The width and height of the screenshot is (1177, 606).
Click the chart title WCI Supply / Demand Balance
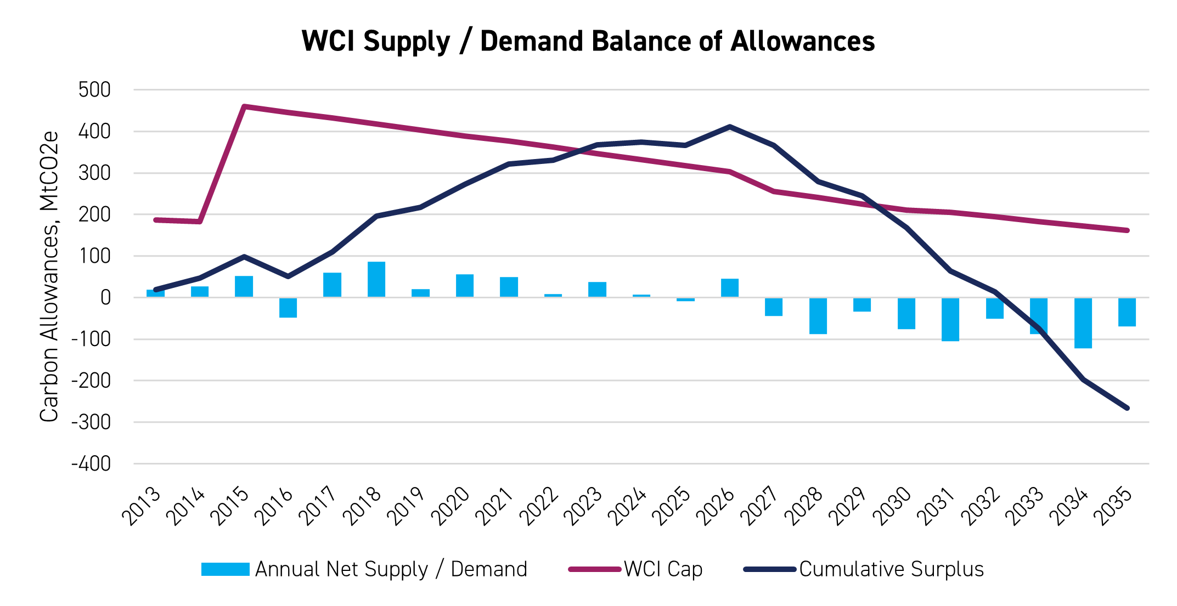588,41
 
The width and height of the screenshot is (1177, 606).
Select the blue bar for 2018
376,280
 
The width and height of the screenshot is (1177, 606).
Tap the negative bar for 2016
288,308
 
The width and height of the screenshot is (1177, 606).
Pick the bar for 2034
1083,323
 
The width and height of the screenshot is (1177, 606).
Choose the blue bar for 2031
950,319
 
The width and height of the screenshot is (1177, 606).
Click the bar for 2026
730,288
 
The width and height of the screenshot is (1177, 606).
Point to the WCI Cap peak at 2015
244,106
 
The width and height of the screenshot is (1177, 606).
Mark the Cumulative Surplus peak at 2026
730,127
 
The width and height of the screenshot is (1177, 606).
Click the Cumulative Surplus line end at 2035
1127,408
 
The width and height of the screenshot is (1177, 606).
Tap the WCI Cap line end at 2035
1127,230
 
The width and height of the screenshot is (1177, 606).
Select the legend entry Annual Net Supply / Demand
364,569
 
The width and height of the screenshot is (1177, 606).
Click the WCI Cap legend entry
636,569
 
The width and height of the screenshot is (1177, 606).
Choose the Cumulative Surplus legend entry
864,569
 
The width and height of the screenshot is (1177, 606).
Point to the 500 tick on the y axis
94,89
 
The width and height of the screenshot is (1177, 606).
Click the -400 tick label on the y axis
91,464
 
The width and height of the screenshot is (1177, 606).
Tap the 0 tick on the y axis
105,298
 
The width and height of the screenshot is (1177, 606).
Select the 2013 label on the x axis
142,506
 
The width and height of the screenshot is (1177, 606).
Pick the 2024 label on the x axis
628,506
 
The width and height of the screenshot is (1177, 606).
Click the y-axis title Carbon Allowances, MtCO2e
49,276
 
